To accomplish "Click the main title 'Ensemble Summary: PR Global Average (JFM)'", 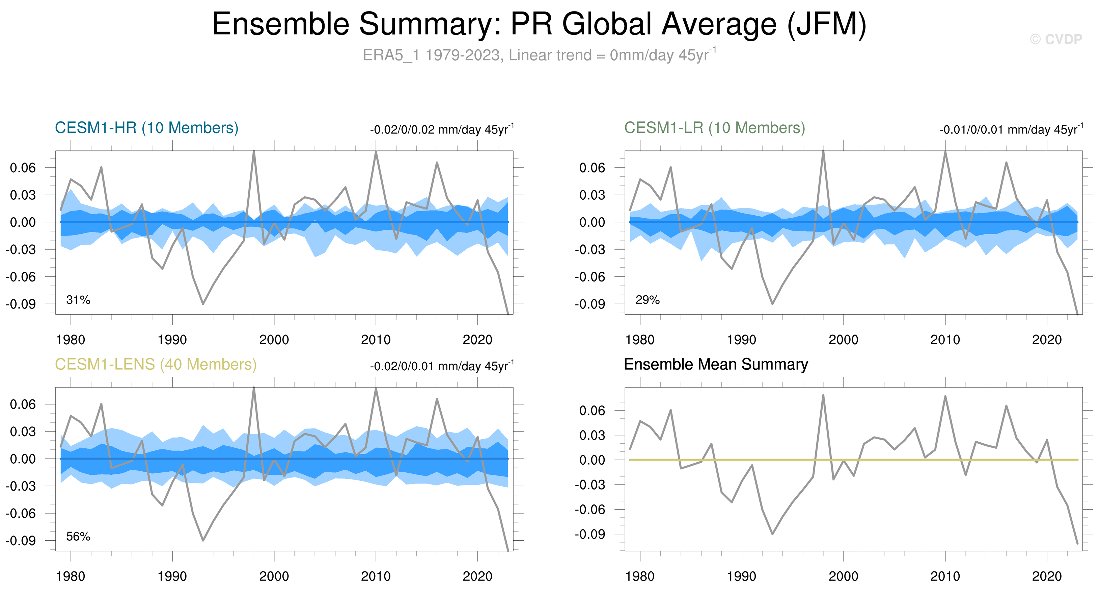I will point(539,24).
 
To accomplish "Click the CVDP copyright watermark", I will point(1056,39).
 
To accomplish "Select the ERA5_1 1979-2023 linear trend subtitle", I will point(539,55).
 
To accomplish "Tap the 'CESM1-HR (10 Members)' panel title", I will point(146,128).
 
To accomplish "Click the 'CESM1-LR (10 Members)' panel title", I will point(715,128).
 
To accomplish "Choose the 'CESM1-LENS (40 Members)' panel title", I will point(156,364).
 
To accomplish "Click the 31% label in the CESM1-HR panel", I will point(78,300).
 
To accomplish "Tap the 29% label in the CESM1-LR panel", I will point(647,300).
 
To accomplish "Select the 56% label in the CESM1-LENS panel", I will point(78,537).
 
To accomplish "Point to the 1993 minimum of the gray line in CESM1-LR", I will point(772,304).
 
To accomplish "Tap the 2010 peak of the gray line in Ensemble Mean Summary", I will point(945,396).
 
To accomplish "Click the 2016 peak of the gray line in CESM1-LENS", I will point(437,399).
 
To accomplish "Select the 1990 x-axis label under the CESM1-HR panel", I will point(172,340).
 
